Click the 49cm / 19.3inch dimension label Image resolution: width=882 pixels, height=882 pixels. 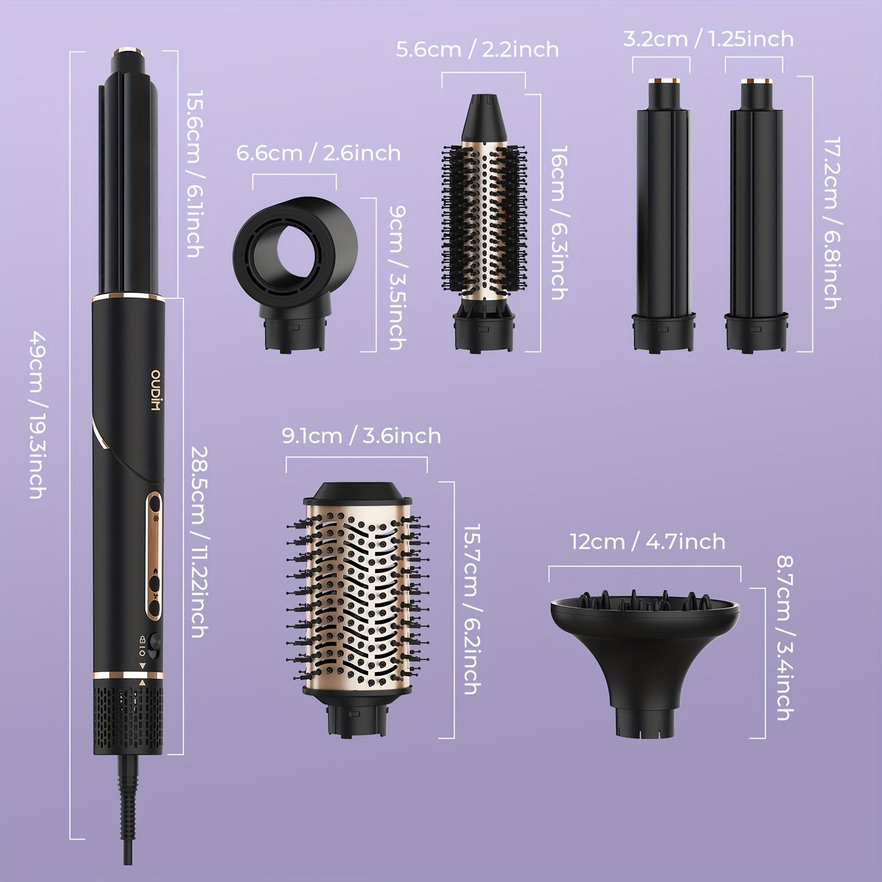[x=37, y=414]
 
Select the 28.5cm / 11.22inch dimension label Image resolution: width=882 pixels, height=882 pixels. [x=198, y=542]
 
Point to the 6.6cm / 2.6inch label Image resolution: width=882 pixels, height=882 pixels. [x=318, y=153]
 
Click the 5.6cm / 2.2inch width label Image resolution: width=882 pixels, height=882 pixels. [x=477, y=49]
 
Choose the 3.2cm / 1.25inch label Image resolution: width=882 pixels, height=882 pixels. [x=708, y=39]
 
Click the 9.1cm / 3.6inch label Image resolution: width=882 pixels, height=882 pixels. [x=361, y=436]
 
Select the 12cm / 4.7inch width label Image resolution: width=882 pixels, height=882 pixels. [x=648, y=541]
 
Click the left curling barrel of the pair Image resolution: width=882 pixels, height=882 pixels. [x=662, y=214]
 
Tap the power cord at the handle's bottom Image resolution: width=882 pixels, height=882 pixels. [x=125, y=812]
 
